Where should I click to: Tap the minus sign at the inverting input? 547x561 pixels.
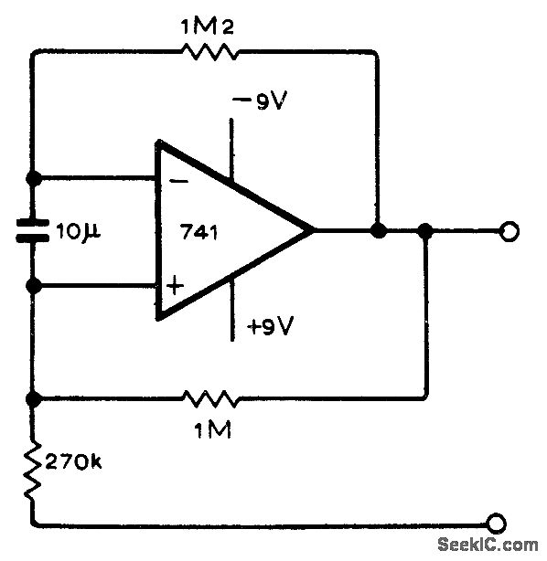tap(180, 181)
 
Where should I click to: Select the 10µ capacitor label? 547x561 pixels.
tap(77, 233)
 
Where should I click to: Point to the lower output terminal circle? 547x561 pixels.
tap(497, 524)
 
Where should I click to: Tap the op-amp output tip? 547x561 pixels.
tap(313, 232)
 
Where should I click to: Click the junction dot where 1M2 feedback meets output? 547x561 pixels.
tap(376, 232)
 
